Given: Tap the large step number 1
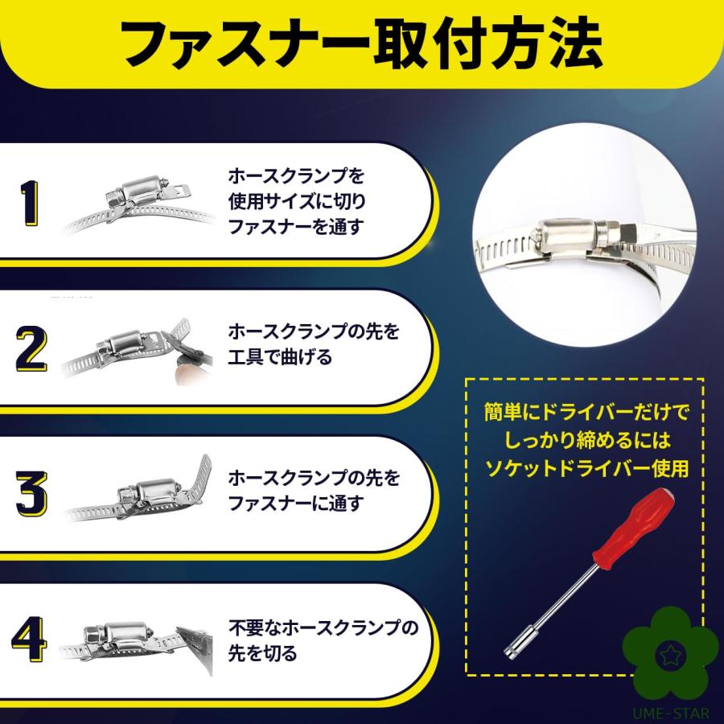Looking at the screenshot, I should click(x=30, y=202).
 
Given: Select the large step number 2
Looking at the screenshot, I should click(x=31, y=348).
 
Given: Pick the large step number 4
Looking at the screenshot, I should click(x=31, y=640).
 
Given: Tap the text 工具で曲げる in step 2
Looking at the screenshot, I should click(x=279, y=357).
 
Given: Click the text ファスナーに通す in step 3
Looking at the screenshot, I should click(x=295, y=504).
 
